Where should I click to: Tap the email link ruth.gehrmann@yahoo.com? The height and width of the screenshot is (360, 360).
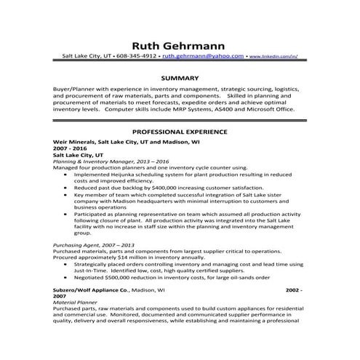pos(202,55)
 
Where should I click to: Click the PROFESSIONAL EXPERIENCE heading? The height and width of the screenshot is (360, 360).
pos(180,132)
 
